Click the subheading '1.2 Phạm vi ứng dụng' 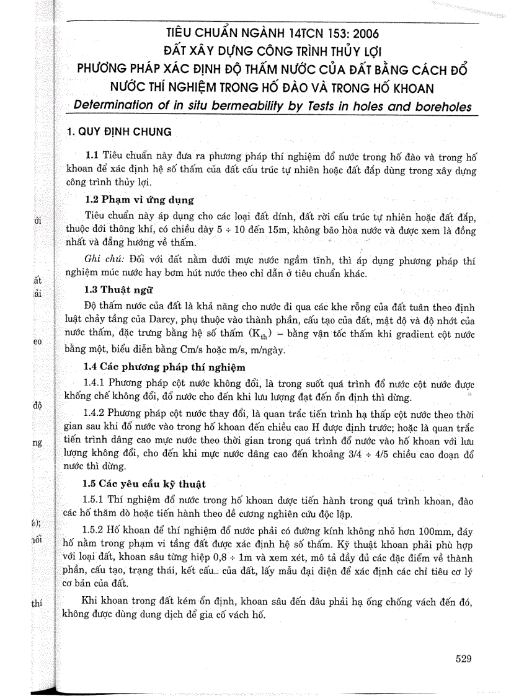(x=140, y=200)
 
